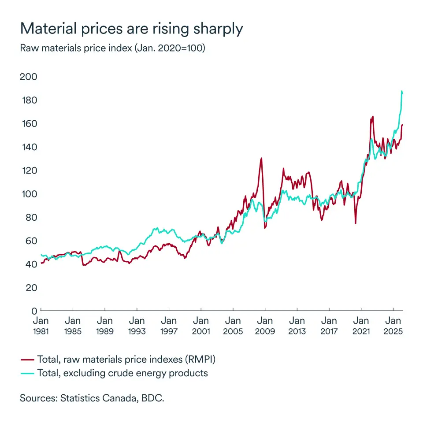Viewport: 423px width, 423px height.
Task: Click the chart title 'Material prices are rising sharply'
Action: point(131,29)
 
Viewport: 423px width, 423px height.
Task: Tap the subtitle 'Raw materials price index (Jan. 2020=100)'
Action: point(112,48)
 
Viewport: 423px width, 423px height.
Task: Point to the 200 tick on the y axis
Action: point(29,77)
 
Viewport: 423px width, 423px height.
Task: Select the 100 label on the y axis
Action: point(29,194)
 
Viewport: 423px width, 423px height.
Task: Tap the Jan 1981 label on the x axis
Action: point(41,326)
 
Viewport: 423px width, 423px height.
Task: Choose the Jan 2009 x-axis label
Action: point(265,326)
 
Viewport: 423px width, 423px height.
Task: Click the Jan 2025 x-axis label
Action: point(393,326)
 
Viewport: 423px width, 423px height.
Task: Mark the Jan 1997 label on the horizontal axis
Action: point(169,326)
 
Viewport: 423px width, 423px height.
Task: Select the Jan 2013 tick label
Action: point(297,326)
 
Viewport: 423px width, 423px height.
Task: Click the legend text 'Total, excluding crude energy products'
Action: point(122,373)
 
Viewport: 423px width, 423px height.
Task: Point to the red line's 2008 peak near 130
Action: point(261,158)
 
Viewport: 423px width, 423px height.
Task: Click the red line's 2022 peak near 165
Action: point(373,117)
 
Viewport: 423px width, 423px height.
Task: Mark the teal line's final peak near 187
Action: point(402,91)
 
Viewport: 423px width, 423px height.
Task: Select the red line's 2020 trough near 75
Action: point(355,223)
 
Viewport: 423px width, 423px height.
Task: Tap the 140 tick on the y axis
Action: point(29,147)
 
